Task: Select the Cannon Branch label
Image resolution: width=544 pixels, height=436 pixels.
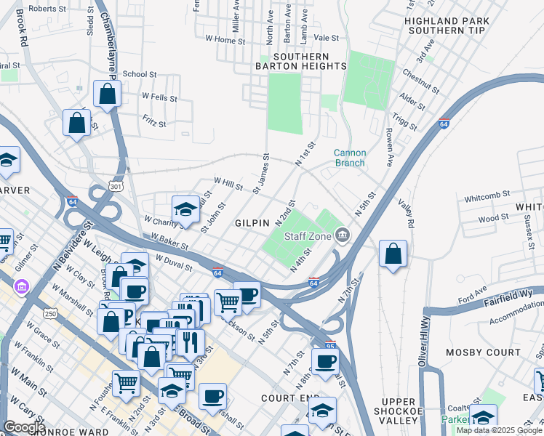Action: point(350,158)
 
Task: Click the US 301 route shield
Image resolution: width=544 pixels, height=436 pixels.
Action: point(115,187)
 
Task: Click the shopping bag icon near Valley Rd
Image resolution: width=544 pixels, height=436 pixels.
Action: point(393,254)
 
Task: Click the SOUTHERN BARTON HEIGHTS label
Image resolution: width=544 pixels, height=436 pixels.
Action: point(300,61)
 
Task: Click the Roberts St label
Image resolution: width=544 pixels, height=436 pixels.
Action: point(49,9)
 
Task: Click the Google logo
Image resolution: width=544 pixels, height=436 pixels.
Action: point(25,427)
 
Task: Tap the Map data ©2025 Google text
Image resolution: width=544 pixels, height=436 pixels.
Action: point(498,430)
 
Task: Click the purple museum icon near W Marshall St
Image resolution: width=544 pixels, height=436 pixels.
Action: point(21,286)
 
